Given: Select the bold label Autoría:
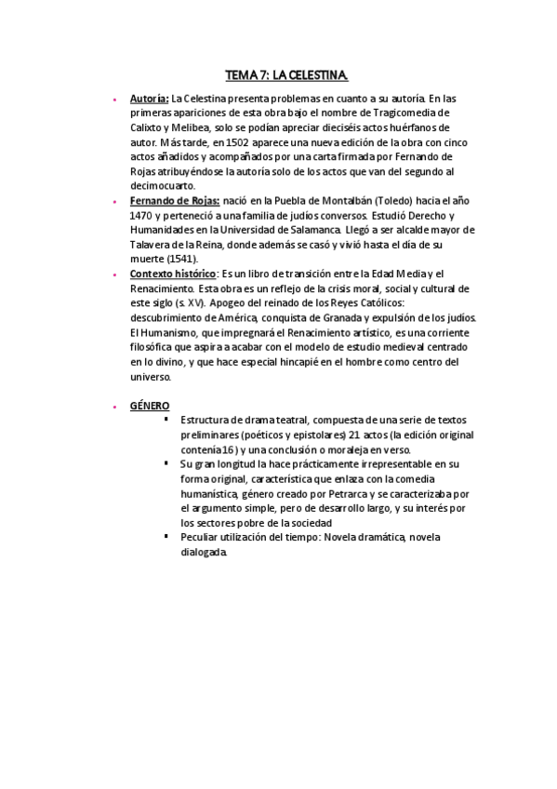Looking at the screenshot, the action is [x=149, y=99].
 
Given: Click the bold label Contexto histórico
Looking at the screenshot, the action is [x=173, y=273].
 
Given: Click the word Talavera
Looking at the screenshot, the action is [x=153, y=244].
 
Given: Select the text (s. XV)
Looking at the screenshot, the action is [x=181, y=301].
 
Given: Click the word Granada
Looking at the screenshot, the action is [x=344, y=316].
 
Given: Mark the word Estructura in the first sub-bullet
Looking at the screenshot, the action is [x=208, y=419].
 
